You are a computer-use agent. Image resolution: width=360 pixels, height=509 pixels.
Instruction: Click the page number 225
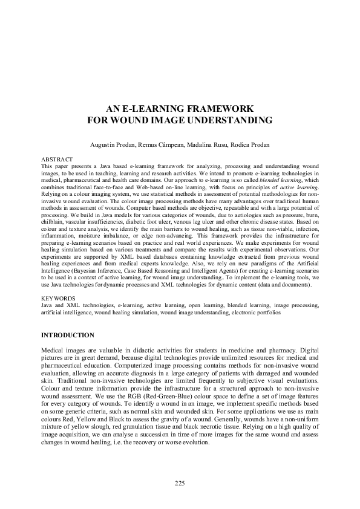click(180, 483)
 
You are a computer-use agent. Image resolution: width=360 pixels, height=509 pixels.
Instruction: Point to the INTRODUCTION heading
click(67, 335)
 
